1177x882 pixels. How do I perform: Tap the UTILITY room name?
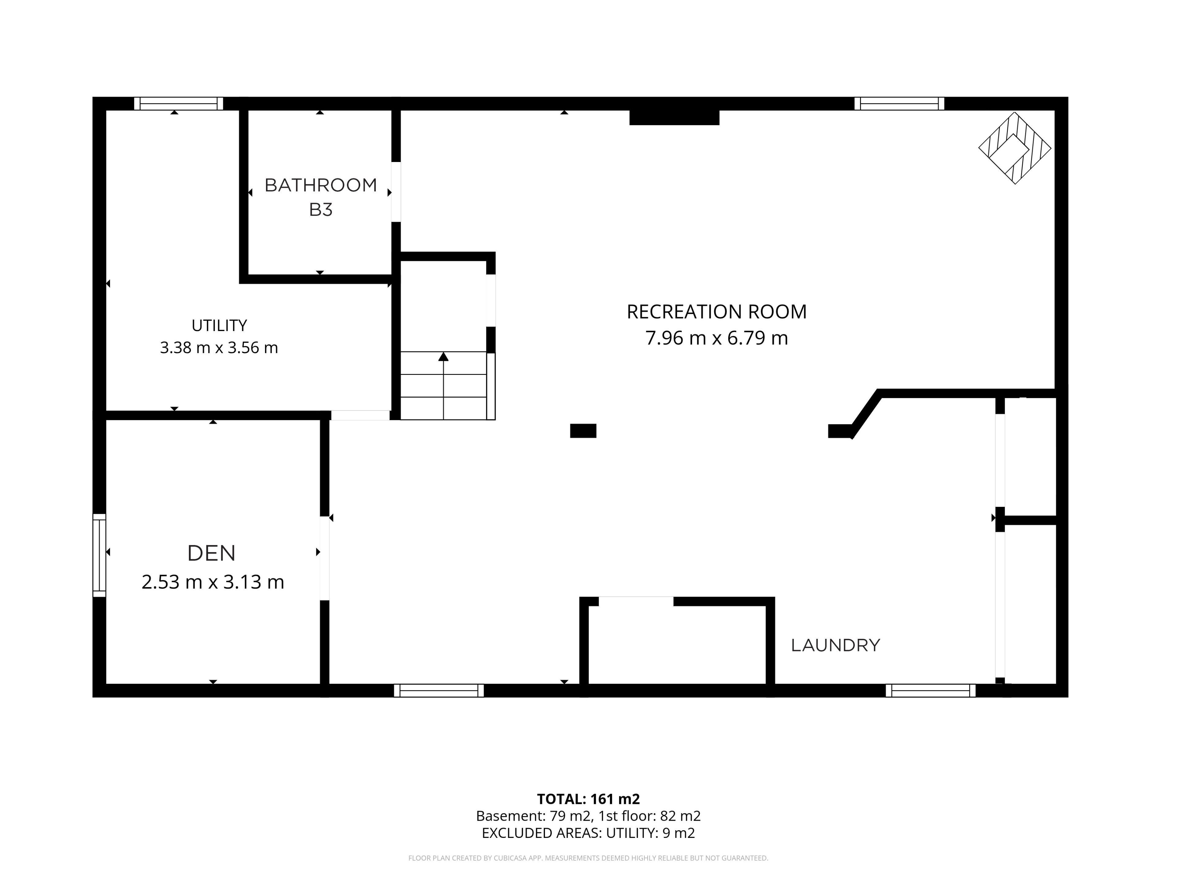click(x=219, y=325)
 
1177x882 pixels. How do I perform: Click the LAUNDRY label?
click(x=835, y=645)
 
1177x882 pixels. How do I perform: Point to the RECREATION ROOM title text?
click(x=717, y=311)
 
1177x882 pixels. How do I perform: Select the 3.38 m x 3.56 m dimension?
click(x=219, y=348)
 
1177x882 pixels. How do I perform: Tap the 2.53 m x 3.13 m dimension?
click(x=213, y=582)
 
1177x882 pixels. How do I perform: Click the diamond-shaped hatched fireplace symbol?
click(x=1015, y=148)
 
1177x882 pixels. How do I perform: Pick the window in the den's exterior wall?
click(x=100, y=555)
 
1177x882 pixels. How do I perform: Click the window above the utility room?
click(x=179, y=104)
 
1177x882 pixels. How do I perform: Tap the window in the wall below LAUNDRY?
click(x=931, y=691)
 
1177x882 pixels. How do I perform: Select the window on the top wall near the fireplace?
click(x=899, y=104)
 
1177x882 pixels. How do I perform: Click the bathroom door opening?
click(x=396, y=192)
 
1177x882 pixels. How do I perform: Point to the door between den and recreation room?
click(x=325, y=558)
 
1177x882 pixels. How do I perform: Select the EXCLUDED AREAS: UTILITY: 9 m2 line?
click(x=588, y=833)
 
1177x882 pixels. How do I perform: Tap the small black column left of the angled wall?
click(x=583, y=431)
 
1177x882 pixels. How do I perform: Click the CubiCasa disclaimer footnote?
click(x=588, y=858)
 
